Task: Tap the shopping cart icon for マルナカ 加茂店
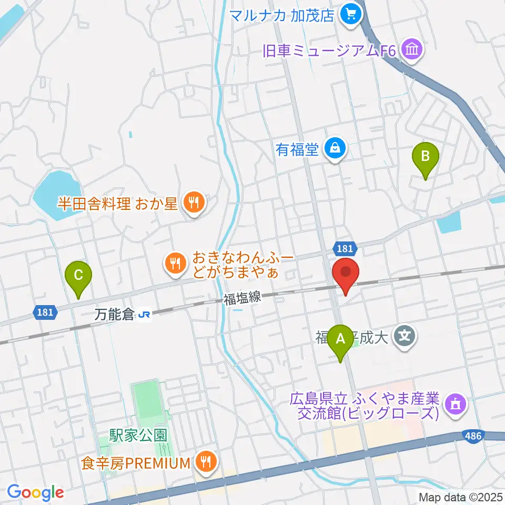[350, 15]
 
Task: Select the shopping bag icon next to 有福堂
[335, 149]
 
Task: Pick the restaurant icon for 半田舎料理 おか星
[194, 203]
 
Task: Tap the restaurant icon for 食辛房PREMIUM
[204, 462]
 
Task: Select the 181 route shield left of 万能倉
[44, 312]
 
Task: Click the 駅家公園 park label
[138, 436]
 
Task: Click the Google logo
[35, 492]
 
